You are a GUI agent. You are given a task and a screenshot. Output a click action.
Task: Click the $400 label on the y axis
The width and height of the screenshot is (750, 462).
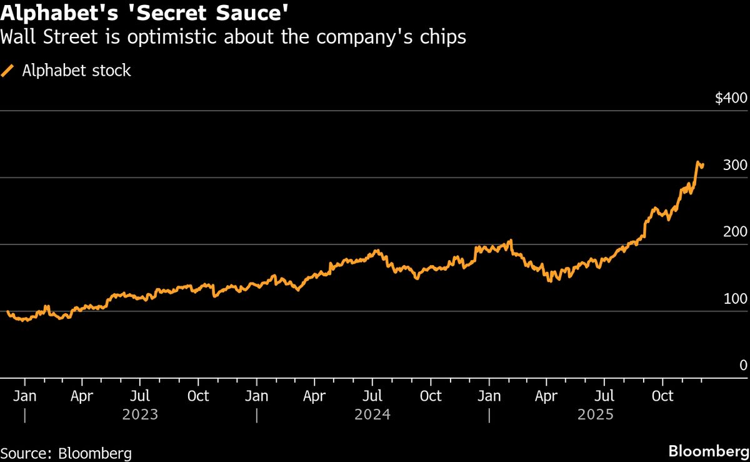(x=731, y=98)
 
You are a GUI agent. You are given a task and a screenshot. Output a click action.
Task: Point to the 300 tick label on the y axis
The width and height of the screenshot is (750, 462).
(x=735, y=165)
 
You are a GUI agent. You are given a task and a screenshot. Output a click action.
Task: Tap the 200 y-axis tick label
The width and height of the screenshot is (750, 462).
(x=735, y=231)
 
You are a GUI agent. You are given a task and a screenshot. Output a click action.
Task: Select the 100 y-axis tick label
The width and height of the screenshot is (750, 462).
(x=735, y=298)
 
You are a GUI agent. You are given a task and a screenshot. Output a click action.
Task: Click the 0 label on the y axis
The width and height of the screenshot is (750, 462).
(x=743, y=365)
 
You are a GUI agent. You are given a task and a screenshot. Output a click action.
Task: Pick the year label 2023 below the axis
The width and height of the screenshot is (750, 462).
(x=141, y=414)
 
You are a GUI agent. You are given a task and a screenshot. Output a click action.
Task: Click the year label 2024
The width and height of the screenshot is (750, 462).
(x=372, y=414)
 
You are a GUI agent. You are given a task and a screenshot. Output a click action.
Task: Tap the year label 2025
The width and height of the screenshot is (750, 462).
(x=596, y=414)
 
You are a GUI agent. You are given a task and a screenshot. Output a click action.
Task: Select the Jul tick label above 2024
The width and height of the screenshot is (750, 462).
(x=372, y=396)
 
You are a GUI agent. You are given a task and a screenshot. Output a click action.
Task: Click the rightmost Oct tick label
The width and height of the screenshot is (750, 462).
(x=662, y=396)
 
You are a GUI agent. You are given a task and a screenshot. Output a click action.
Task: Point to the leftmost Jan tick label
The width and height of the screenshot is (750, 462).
(x=24, y=396)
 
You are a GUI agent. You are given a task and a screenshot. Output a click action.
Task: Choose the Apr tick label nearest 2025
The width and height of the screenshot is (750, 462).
(x=547, y=396)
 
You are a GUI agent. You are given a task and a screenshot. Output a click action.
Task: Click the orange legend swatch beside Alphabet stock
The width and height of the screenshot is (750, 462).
(x=8, y=71)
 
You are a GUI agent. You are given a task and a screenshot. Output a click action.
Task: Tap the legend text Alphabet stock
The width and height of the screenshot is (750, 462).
(x=76, y=71)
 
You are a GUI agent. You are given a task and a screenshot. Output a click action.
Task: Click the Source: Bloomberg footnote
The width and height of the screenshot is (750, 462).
(x=66, y=453)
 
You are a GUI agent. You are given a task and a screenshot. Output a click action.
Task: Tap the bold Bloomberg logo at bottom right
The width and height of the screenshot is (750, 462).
(x=708, y=451)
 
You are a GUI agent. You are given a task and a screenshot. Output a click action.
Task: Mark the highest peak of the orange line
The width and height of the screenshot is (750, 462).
(x=698, y=162)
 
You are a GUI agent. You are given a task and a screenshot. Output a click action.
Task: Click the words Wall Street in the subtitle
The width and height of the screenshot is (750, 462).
(x=47, y=37)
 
